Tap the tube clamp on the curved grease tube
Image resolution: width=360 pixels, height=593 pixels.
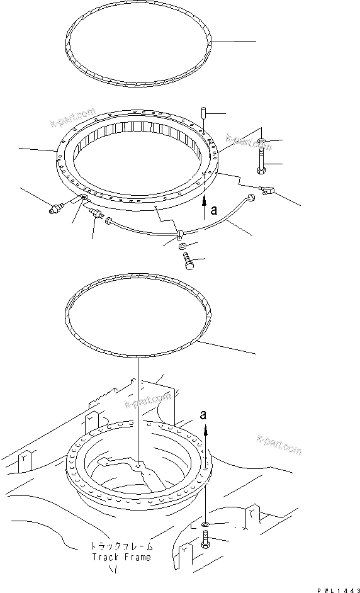[x=180, y=235]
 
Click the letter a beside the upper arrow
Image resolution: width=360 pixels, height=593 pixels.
[x=213, y=212]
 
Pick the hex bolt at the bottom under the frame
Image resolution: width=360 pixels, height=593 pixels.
[x=206, y=541]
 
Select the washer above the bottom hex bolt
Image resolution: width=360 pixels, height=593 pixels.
[x=206, y=524]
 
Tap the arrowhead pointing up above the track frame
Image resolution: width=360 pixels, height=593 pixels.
[x=205, y=429]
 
